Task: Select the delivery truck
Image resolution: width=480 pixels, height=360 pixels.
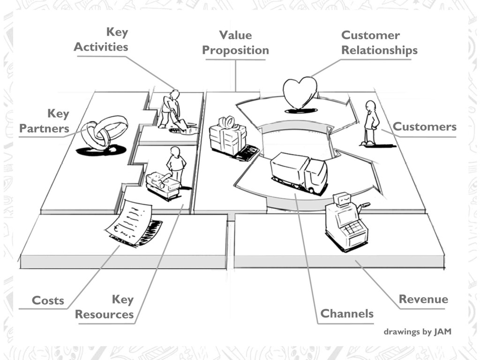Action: pos(299,172)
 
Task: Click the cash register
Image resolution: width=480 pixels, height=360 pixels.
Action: pos(346,222)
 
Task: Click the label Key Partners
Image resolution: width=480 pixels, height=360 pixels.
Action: pos(45,121)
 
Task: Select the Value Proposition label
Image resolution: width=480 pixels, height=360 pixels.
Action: pos(235,43)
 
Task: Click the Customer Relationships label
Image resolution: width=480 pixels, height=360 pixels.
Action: pos(379,43)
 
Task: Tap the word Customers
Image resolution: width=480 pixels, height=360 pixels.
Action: pos(424,127)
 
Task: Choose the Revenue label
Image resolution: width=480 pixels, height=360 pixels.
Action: pos(423,299)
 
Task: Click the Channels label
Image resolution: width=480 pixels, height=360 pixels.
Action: pos(347,314)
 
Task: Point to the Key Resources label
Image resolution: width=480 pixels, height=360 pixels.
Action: pos(105,307)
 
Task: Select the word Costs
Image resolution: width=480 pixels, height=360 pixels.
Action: pos(47,300)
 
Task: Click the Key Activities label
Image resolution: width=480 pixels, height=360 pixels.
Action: pos(101,40)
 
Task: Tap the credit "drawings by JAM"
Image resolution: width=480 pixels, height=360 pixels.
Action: pos(417,332)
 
